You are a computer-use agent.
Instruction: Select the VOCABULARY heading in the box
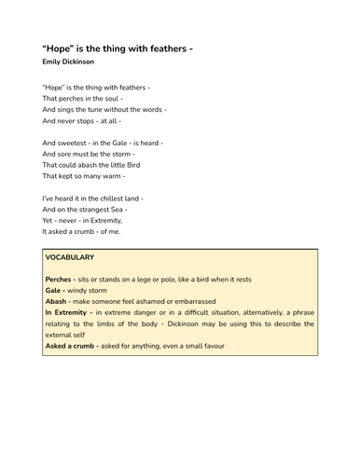pos(69,257)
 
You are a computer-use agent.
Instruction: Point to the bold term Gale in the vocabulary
pos(54,291)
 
